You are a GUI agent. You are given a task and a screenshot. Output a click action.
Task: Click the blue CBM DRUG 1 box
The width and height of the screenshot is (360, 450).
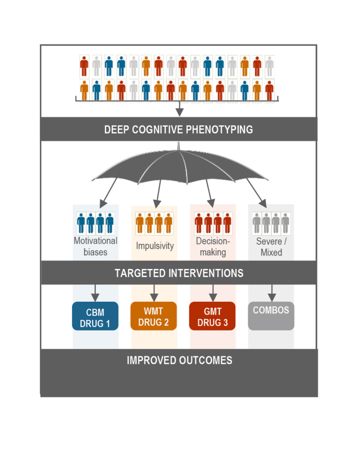(x=95, y=316)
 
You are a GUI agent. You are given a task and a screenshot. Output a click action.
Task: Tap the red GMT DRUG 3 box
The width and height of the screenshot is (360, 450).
(x=213, y=316)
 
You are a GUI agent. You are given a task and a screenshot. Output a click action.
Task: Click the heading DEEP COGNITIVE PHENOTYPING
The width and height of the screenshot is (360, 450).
(x=179, y=129)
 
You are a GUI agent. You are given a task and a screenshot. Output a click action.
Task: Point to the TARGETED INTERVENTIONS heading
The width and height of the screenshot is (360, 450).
(x=179, y=273)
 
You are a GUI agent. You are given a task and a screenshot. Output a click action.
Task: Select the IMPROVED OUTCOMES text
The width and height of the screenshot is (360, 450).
(x=179, y=360)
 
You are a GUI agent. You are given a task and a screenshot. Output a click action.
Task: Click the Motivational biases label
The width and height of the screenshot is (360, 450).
(x=95, y=246)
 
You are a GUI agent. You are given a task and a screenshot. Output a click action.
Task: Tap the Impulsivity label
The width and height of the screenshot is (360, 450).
(x=154, y=246)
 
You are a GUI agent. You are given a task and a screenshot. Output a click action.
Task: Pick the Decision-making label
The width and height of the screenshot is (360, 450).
(x=213, y=246)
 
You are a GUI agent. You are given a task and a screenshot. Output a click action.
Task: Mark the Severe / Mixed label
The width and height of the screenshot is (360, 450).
(x=271, y=246)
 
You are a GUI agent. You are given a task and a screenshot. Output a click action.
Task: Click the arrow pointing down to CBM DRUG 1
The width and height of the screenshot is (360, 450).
(x=95, y=293)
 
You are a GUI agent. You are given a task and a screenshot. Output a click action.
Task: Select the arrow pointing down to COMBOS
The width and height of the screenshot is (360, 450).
(x=271, y=293)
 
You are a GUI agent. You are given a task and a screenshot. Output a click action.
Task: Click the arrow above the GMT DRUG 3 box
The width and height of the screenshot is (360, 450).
(x=213, y=293)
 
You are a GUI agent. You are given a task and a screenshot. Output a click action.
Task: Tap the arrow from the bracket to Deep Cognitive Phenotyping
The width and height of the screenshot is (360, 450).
(x=179, y=109)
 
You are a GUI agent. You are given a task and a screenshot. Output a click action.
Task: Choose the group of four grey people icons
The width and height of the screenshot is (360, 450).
(x=271, y=223)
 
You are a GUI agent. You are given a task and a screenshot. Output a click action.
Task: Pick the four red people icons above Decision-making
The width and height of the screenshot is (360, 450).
(x=213, y=223)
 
